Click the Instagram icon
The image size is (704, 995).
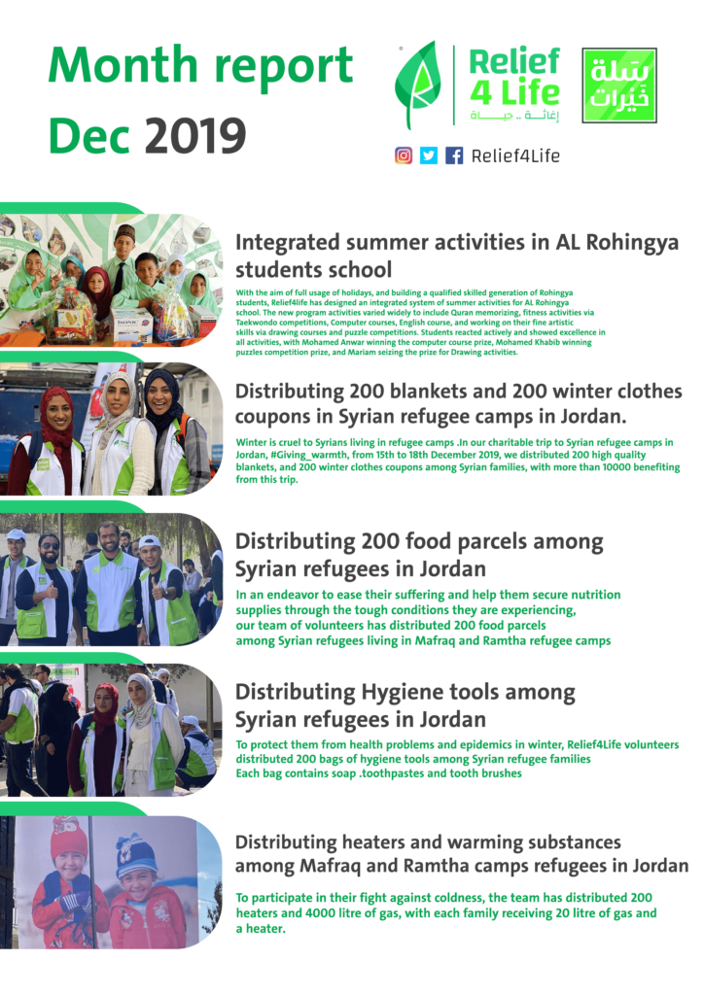point(404,155)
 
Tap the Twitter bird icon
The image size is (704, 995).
point(429,155)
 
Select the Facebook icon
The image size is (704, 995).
point(454,155)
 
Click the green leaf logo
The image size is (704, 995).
point(416,85)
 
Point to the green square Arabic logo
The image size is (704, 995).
point(618,86)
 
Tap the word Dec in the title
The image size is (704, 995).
point(88,134)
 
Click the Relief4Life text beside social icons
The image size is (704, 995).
point(515,155)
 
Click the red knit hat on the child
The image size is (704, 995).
point(68,837)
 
